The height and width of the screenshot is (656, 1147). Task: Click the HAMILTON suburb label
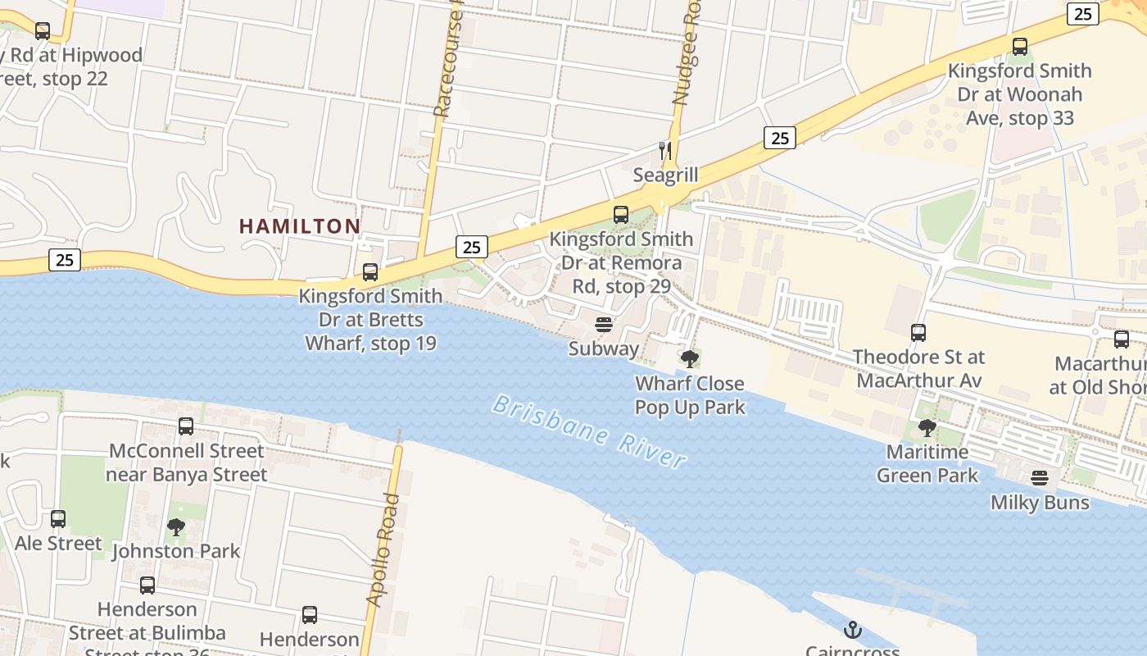pyautogui.click(x=300, y=226)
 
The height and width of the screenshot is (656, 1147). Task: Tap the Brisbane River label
pyautogui.click(x=590, y=431)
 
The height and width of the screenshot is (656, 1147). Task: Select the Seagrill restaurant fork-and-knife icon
pyautogui.click(x=665, y=150)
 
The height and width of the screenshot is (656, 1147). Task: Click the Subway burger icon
pyautogui.click(x=604, y=325)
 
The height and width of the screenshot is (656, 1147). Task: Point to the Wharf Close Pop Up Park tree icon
pyautogui.click(x=690, y=358)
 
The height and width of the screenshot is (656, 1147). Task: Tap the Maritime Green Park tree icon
pyautogui.click(x=927, y=427)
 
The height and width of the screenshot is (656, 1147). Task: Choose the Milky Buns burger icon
pyautogui.click(x=1040, y=477)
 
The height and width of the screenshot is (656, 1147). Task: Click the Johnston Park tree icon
pyautogui.click(x=175, y=526)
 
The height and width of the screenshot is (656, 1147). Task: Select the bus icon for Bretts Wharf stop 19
pyautogui.click(x=370, y=272)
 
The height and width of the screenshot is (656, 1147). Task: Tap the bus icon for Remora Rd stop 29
pyautogui.click(x=621, y=215)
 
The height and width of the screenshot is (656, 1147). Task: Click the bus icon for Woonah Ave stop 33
pyautogui.click(x=1020, y=47)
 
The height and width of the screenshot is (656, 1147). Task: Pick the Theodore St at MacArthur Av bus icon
pyautogui.click(x=918, y=333)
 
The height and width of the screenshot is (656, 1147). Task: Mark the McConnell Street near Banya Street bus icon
pyautogui.click(x=186, y=426)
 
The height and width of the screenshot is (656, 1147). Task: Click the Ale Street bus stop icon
pyautogui.click(x=58, y=519)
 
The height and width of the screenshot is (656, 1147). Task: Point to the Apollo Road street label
pyautogui.click(x=383, y=549)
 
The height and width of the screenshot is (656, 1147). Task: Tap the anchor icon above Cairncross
pyautogui.click(x=853, y=630)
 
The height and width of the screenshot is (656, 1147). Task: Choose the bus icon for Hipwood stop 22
pyautogui.click(x=43, y=31)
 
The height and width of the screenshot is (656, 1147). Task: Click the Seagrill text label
pyautogui.click(x=665, y=175)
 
